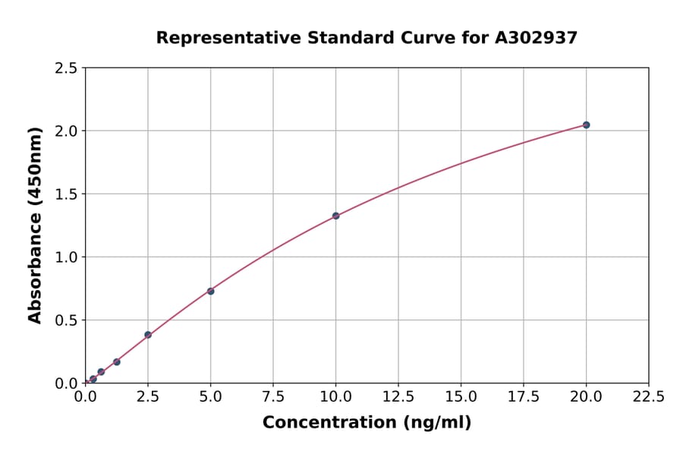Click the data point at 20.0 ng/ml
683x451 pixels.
click(586, 125)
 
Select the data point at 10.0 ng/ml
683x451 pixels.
click(335, 216)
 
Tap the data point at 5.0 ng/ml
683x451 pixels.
click(210, 291)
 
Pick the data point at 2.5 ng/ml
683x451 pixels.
click(148, 335)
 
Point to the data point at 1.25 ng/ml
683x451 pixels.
click(117, 362)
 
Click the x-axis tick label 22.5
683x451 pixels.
click(648, 397)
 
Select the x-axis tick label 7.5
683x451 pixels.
click(273, 397)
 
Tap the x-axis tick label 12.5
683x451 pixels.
click(398, 397)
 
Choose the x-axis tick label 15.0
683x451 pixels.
click(461, 397)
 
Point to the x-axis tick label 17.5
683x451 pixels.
click(524, 397)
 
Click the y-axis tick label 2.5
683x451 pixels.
click(66, 68)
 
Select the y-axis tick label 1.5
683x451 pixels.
click(66, 194)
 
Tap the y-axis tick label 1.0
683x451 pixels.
click(66, 257)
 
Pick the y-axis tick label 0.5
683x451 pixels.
click(66, 320)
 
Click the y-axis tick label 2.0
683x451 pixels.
click(66, 131)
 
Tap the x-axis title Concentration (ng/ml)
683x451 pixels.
click(367, 423)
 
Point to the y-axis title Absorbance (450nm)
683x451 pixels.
click(35, 225)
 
